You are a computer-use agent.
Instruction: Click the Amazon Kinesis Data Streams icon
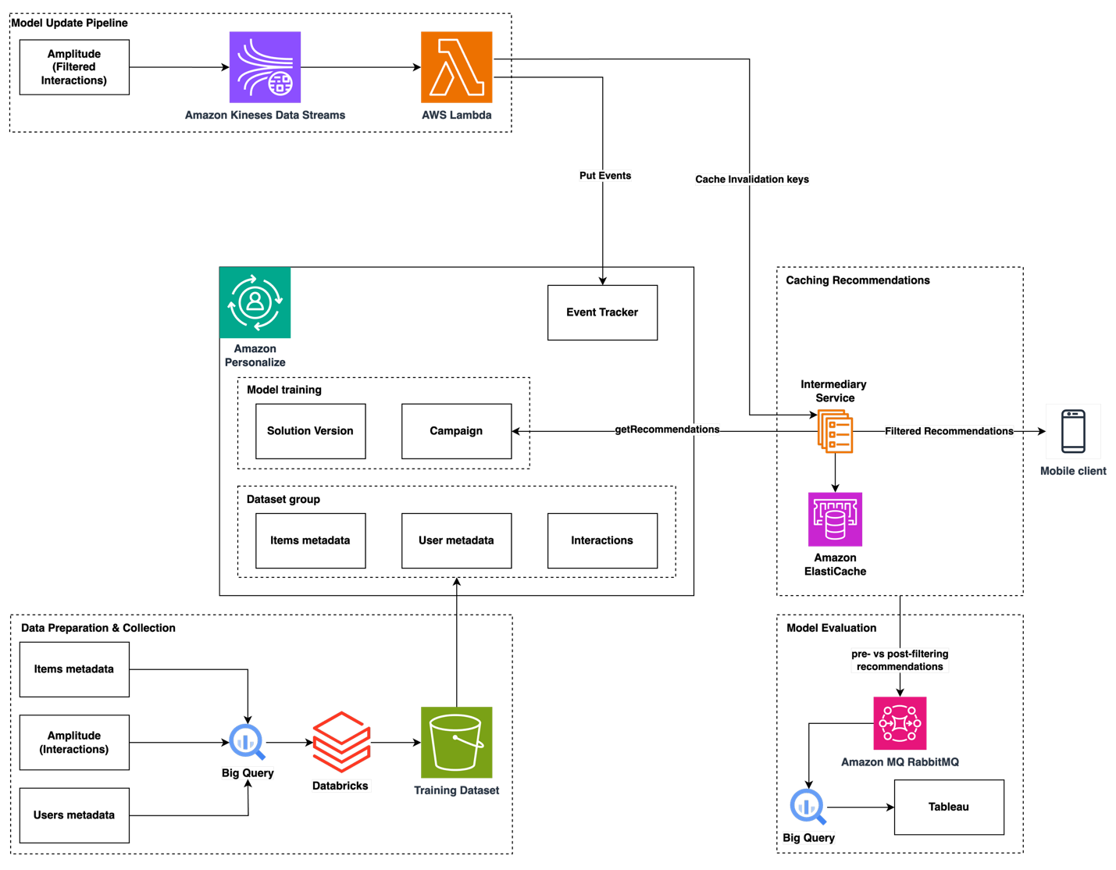[x=265, y=67]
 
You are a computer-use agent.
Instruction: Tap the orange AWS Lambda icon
[x=457, y=67]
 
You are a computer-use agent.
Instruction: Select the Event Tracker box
[x=602, y=312]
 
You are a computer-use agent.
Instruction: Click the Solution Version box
[x=310, y=431]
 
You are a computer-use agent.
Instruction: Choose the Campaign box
[x=456, y=431]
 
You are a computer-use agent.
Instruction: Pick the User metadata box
[x=456, y=540]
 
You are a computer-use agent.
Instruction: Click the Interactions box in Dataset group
[x=602, y=540]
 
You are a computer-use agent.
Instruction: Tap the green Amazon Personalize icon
[x=255, y=303]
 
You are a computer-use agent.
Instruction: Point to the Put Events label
[x=605, y=176]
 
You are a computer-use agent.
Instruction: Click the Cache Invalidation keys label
[x=752, y=180]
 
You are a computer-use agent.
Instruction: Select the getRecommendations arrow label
[x=667, y=430]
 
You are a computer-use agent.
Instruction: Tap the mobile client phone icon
[x=1073, y=431]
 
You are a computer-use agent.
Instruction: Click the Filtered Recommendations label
[x=949, y=431]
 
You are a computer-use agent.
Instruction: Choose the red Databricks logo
[x=341, y=742]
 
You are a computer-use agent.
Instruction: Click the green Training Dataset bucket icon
[x=457, y=743]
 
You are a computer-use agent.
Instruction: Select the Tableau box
[x=949, y=807]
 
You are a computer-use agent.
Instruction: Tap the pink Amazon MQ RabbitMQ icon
[x=900, y=724]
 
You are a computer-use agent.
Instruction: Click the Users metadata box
[x=74, y=815]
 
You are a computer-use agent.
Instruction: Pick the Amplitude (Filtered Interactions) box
[x=74, y=67]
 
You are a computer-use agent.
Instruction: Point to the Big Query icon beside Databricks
[x=247, y=742]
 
